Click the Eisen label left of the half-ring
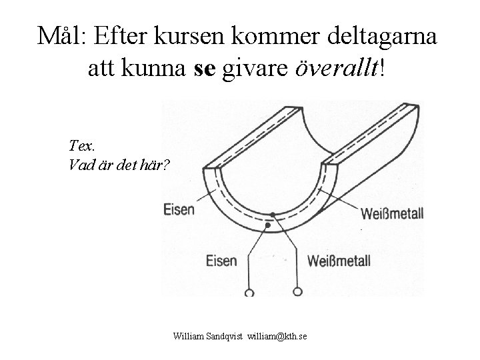tap(179, 209)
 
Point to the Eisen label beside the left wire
tap(223, 258)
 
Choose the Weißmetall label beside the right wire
tap(340, 259)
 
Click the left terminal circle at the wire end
tap(249, 292)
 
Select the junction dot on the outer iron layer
tap(267, 226)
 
